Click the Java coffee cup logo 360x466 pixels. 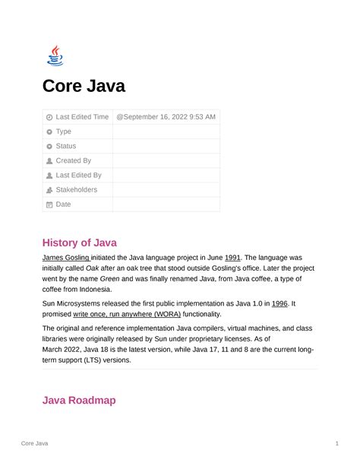pyautogui.click(x=55, y=55)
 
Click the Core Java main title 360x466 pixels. pyautogui.click(x=84, y=87)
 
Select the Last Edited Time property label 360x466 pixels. pyautogui.click(x=82, y=117)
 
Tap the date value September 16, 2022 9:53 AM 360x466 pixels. pyautogui.click(x=166, y=117)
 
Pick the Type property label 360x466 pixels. pyautogui.click(x=63, y=132)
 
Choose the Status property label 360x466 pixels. pyautogui.click(x=65, y=146)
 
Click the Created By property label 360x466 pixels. pyautogui.click(x=73, y=160)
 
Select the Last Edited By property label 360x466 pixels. pyautogui.click(x=78, y=175)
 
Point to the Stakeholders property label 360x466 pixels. pyautogui.click(x=76, y=189)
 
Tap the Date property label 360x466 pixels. pyautogui.click(x=63, y=204)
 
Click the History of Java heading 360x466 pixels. pyautogui.click(x=80, y=243)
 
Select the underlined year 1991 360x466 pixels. pyautogui.click(x=233, y=258)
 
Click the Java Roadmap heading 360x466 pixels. pyautogui.click(x=79, y=400)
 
